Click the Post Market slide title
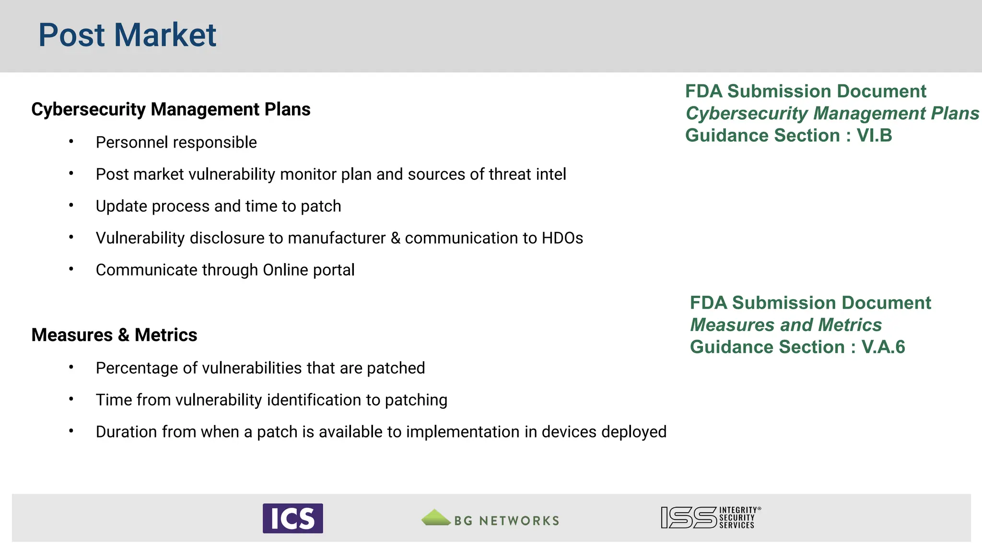click(127, 35)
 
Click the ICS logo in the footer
click(292, 518)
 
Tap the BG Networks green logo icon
click(435, 518)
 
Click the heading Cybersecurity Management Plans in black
click(171, 110)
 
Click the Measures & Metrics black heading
click(114, 335)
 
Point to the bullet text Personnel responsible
click(176, 142)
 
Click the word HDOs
click(562, 238)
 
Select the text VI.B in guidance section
click(874, 136)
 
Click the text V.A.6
click(883, 347)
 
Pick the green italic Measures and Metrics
click(785, 325)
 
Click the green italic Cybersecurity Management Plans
click(832, 114)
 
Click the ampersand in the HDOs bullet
click(395, 238)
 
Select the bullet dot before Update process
click(71, 206)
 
